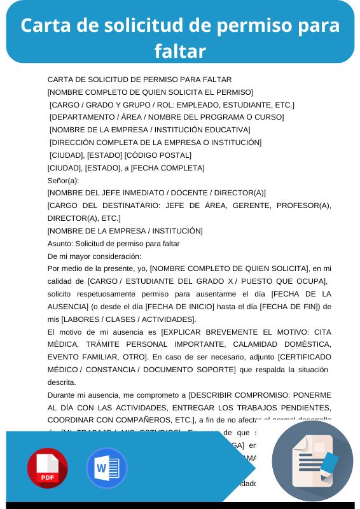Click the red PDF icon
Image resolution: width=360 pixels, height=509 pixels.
pos(48,468)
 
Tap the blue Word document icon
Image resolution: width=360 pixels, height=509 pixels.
pos(106,468)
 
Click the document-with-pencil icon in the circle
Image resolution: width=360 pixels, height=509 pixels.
pos(312,462)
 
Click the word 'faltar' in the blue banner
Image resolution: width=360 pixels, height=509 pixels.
pos(180,50)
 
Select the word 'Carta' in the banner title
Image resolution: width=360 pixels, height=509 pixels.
pos(45,25)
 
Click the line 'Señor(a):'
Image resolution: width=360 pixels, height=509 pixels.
pos(63,181)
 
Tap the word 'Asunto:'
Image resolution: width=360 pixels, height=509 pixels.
pos(60,244)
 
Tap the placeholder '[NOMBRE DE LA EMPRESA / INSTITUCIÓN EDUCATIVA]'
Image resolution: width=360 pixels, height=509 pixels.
pos(150,130)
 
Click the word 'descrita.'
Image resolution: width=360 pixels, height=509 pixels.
pos(62,382)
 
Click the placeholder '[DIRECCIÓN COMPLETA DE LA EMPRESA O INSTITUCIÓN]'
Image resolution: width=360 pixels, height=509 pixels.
pos(156,143)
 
